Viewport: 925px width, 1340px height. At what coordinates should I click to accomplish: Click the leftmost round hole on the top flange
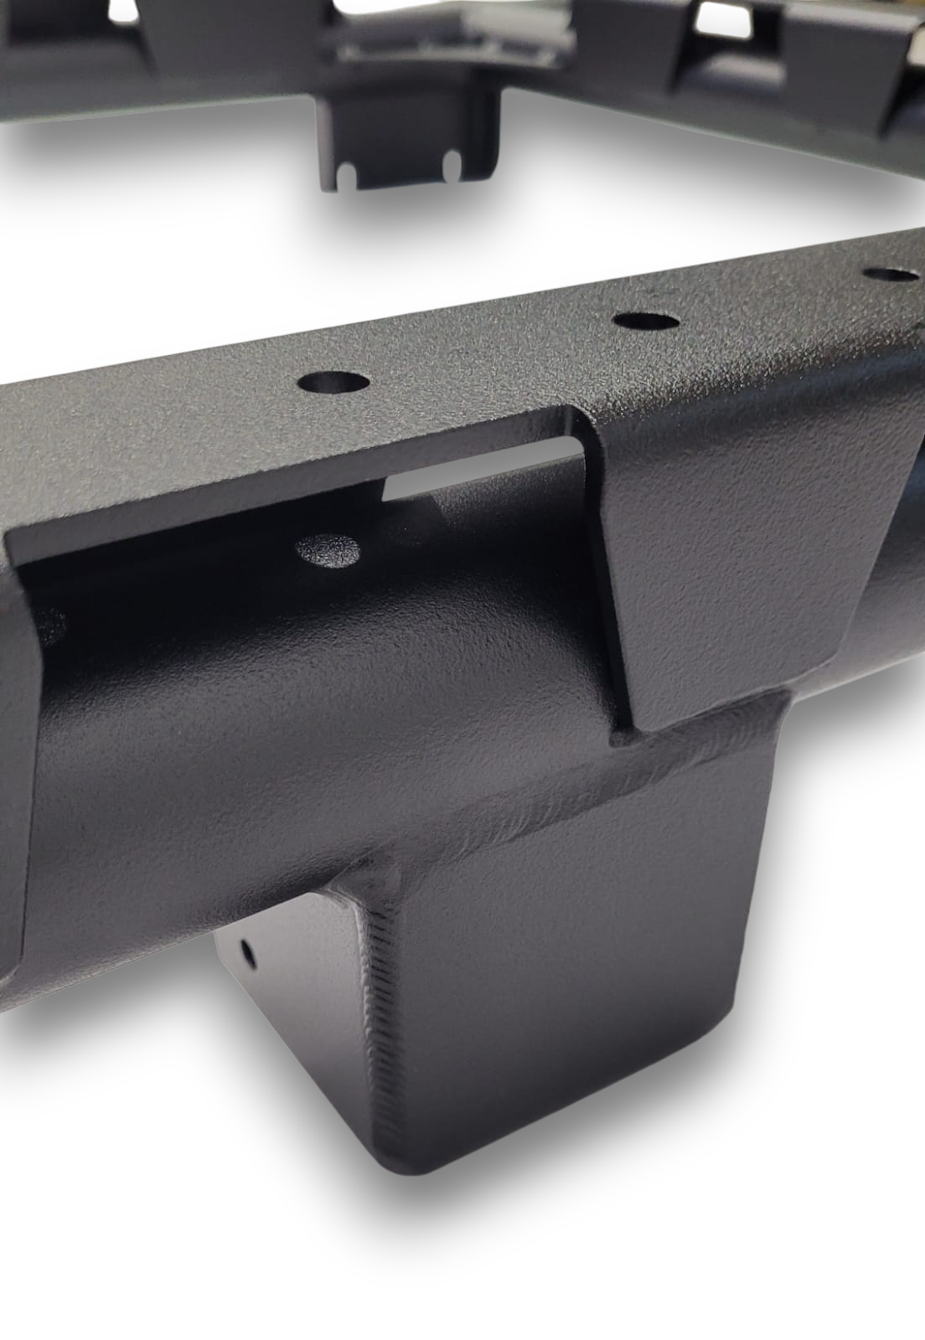coord(333,384)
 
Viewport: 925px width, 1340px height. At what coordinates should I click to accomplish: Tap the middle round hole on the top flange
coord(645,320)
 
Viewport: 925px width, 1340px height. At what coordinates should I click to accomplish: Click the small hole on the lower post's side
coord(248,952)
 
